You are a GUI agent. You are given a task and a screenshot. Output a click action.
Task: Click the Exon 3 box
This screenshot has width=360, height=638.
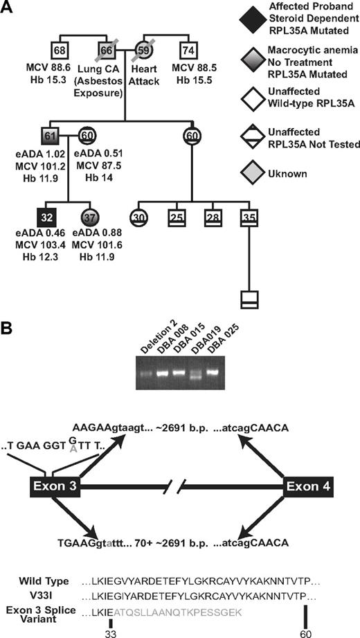coord(56,486)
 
